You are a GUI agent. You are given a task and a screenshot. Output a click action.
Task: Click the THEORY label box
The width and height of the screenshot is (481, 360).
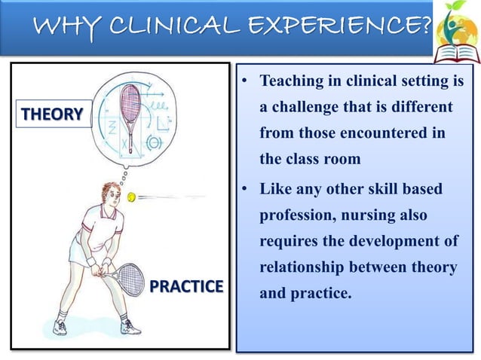click(x=51, y=114)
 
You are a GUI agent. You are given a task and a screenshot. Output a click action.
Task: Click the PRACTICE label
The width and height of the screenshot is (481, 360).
click(x=187, y=286)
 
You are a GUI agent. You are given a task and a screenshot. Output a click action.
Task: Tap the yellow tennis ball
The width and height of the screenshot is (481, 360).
click(x=131, y=198)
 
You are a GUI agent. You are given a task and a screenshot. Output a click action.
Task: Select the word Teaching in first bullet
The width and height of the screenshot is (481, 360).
click(x=290, y=81)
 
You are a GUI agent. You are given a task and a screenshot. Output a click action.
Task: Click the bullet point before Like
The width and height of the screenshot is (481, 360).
click(x=246, y=188)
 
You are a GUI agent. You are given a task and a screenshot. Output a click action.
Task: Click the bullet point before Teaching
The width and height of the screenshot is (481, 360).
click(x=246, y=81)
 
